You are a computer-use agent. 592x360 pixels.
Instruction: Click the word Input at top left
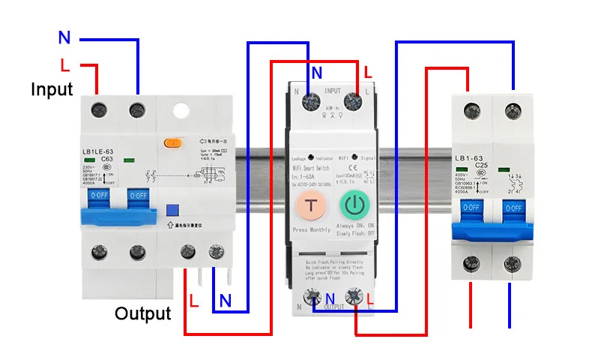tap(52, 89)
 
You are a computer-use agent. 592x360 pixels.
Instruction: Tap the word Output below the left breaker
tap(142, 313)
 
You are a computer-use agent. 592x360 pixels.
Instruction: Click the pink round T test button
tap(309, 206)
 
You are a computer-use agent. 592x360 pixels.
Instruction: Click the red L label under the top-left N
tap(65, 64)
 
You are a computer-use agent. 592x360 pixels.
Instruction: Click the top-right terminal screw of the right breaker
tap(513, 106)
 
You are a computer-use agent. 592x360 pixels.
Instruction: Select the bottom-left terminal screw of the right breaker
tap(473, 262)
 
